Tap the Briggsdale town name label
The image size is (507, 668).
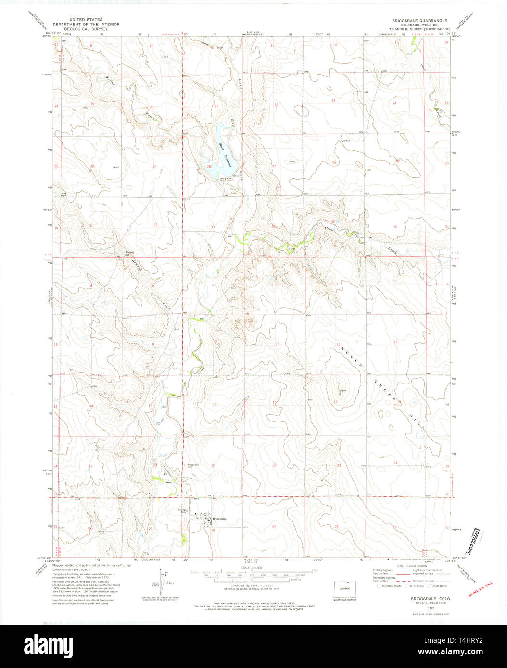pyautogui.click(x=218, y=518)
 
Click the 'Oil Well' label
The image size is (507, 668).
pyautogui.click(x=344, y=141)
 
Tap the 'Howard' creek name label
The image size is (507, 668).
pyautogui.click(x=137, y=265)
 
